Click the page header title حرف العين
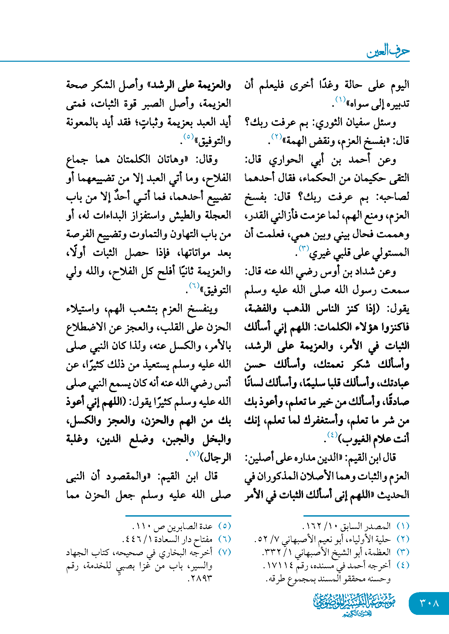pos(388,51)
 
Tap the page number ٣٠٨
pos(429,603)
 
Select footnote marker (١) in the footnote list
pos(402,526)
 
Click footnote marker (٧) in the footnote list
pos(224,552)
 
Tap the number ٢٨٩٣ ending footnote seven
pos(201,578)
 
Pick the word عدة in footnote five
pos(207,526)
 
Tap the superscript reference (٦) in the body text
pos(194,285)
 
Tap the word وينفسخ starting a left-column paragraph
pos(203,309)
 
